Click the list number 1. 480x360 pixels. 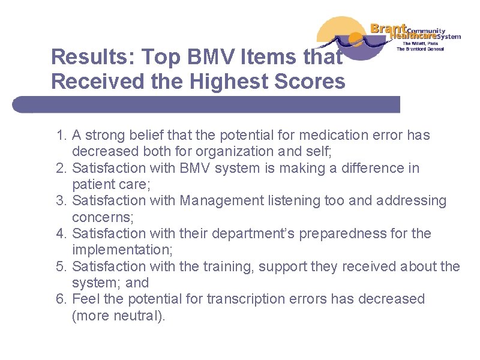click(61, 136)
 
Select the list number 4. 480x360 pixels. click(61, 233)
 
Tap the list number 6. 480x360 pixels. click(61, 299)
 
